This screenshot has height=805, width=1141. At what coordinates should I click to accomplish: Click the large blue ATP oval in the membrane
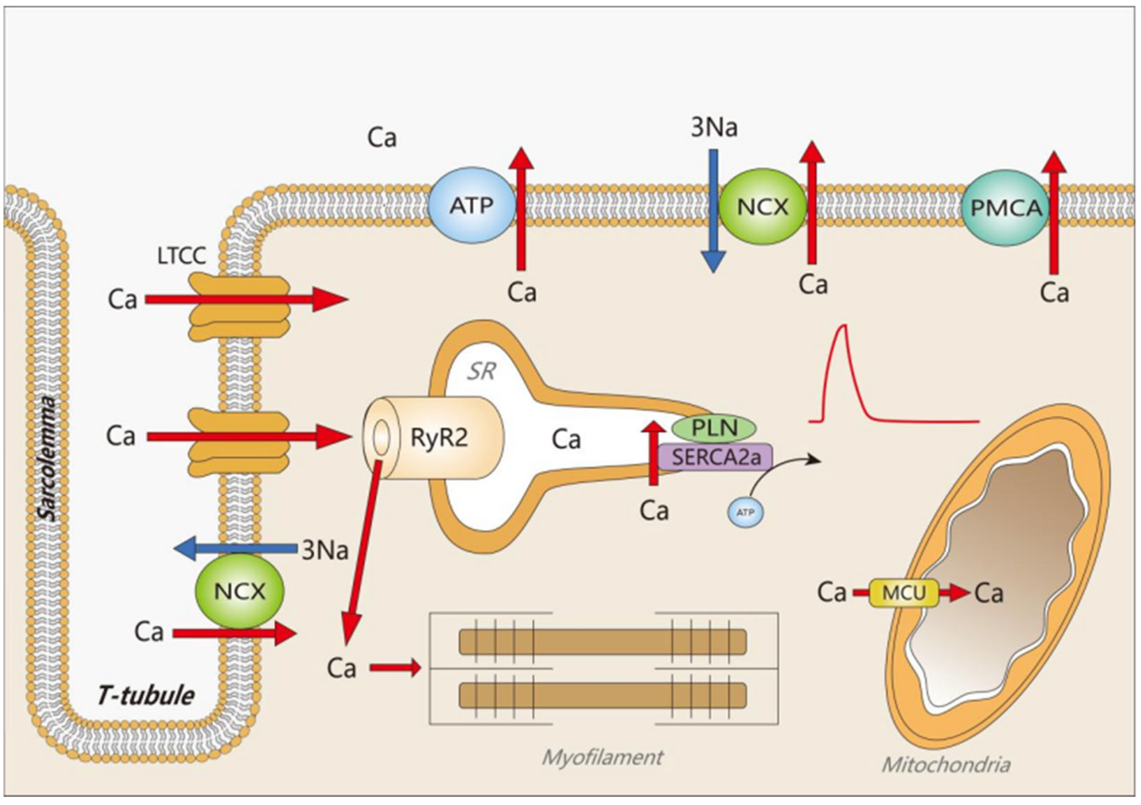[471, 205]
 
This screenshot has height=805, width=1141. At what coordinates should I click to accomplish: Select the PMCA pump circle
[1005, 208]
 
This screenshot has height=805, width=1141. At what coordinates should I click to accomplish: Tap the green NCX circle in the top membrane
[762, 206]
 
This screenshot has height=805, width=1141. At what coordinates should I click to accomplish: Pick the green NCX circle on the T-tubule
[239, 591]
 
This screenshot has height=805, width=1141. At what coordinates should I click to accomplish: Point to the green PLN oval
[714, 428]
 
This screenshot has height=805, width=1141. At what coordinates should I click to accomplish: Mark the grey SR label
[481, 371]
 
